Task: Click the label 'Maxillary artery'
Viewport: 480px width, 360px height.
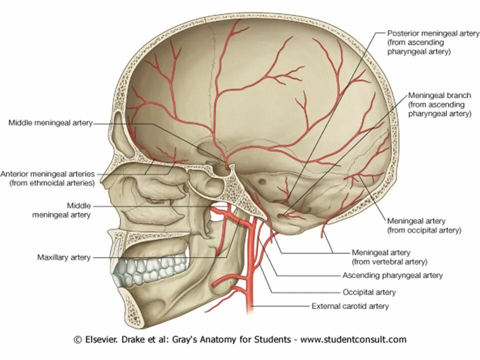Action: (x=64, y=257)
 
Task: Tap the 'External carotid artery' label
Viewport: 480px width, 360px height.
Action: (x=350, y=306)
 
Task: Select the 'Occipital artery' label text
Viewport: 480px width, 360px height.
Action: (x=369, y=292)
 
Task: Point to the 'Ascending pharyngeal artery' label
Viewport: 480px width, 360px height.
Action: (x=392, y=275)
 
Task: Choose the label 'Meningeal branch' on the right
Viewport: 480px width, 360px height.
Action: (x=439, y=95)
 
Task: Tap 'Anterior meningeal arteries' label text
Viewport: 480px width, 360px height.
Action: (x=47, y=174)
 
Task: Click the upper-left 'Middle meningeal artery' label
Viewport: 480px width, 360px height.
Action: (x=50, y=123)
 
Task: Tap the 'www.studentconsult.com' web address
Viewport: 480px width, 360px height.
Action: (x=353, y=339)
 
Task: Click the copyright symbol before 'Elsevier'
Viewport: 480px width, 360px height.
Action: (x=77, y=340)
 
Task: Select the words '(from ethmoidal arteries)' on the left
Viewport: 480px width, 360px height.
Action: (x=52, y=183)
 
